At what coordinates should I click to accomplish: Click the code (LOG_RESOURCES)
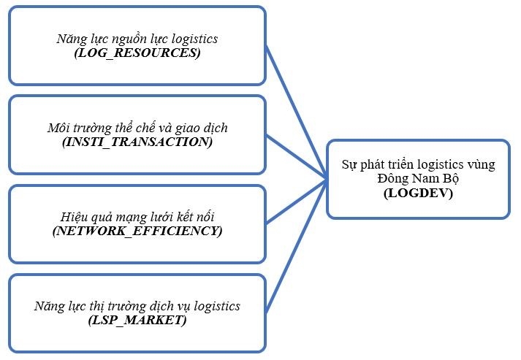point(137,53)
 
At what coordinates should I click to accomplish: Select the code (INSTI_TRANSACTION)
point(137,142)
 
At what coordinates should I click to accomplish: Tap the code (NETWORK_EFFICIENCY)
point(137,231)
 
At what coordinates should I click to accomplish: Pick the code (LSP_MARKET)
point(137,320)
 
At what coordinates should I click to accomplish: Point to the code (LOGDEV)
point(418,194)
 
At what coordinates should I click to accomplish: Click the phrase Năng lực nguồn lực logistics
point(137,39)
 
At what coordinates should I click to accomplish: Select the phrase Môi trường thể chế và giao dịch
point(137,128)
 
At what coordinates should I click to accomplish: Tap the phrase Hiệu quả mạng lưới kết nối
point(137,217)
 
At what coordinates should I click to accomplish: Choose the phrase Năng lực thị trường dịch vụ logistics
point(137,306)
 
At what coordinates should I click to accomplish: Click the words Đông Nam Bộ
point(418,180)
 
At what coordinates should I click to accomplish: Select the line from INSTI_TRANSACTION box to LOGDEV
point(296,156)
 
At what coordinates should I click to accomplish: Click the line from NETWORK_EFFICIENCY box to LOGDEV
point(296,200)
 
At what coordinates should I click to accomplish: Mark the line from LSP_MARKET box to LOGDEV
point(296,244)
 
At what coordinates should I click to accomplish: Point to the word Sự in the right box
point(349,165)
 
